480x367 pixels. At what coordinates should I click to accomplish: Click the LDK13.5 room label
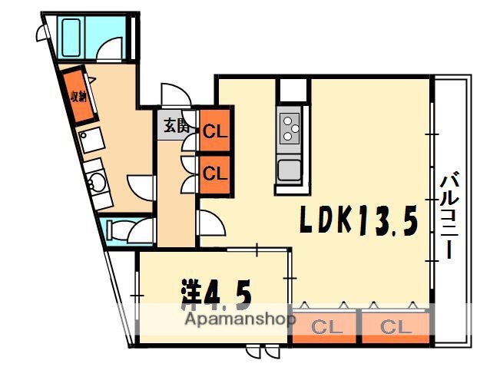(359, 220)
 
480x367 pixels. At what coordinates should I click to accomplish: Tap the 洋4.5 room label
(217, 295)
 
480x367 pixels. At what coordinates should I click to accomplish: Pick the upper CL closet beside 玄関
(214, 131)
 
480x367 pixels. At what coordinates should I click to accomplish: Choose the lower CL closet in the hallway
(214, 173)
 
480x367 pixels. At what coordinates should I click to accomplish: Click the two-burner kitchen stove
(290, 128)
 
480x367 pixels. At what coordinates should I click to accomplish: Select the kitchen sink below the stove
(289, 170)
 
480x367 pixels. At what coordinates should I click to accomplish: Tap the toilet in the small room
(120, 230)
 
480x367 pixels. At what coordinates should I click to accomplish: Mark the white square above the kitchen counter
(292, 91)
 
